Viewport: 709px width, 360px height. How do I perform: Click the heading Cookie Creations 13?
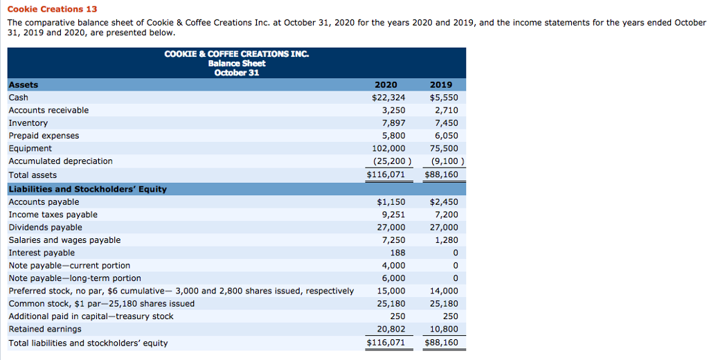(x=52, y=9)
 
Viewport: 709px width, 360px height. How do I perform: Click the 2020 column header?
(x=386, y=85)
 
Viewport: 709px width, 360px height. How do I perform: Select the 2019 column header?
(x=441, y=85)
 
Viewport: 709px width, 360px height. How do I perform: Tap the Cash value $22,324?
(x=388, y=98)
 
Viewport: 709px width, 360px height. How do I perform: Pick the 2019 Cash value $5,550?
(x=444, y=98)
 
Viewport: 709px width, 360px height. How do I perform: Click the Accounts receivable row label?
(x=48, y=110)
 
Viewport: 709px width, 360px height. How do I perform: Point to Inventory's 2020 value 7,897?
(x=394, y=123)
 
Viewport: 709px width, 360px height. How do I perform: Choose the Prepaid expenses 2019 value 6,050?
(x=446, y=136)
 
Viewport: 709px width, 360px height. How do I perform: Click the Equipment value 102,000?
(x=389, y=148)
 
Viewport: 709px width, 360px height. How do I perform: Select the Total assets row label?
(x=33, y=175)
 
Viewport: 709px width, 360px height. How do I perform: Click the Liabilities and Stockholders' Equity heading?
(x=87, y=189)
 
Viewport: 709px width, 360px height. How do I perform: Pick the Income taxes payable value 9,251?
(x=394, y=215)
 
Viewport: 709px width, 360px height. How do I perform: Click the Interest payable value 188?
(x=397, y=253)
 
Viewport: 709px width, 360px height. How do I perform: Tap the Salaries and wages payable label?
(x=64, y=240)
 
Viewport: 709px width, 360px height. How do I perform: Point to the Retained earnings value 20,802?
(x=391, y=329)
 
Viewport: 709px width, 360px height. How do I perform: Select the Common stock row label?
(x=101, y=304)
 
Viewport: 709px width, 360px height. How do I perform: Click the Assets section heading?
(x=24, y=85)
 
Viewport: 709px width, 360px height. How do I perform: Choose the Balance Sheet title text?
(x=237, y=63)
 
